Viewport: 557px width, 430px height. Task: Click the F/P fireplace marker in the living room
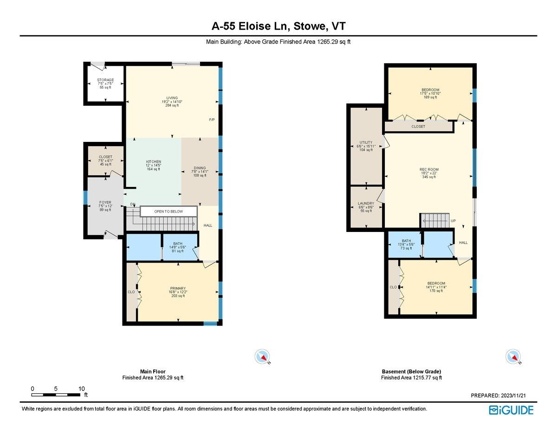tap(212, 120)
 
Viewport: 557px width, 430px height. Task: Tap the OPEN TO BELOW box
tap(168, 212)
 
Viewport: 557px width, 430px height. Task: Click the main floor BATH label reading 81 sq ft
tap(178, 244)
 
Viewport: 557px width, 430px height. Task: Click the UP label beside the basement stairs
tap(453, 221)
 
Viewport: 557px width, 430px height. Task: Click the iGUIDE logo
tap(511, 410)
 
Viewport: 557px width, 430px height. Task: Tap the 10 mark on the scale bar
tap(81, 389)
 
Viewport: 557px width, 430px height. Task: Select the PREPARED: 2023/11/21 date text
tap(498, 396)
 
